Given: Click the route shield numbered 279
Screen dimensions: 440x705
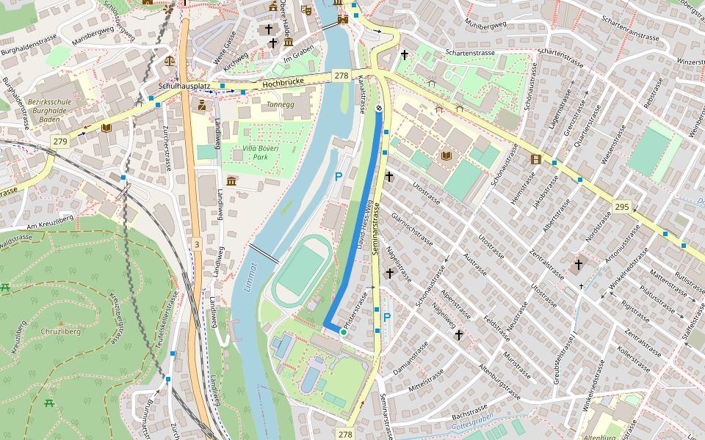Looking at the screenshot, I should (60, 141).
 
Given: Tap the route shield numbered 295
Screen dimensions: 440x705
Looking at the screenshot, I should (622, 207).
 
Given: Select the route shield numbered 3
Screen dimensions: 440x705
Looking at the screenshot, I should (197, 243).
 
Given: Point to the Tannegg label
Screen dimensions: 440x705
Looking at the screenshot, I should (279, 104).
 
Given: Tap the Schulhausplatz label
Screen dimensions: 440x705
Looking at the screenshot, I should (189, 86).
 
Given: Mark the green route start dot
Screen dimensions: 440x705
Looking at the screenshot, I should (343, 332).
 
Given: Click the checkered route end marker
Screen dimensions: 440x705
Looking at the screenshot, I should (379, 109).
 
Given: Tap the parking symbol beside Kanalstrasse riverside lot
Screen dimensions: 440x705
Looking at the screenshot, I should (339, 177).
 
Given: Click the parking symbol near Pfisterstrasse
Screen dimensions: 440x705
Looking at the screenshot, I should (387, 318).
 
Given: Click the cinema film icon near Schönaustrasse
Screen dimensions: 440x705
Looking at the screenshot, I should (536, 159).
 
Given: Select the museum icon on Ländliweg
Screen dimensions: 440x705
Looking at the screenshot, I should (231, 181).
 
